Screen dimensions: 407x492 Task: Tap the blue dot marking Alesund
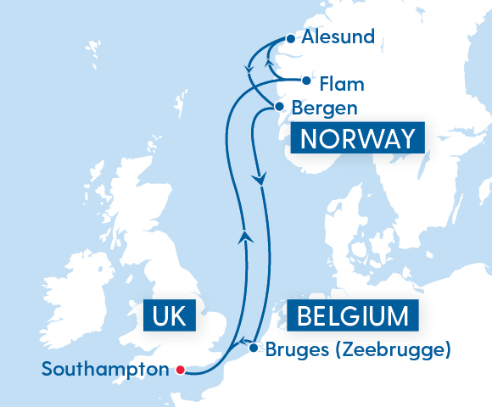291,38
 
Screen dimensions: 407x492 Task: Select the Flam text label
342,84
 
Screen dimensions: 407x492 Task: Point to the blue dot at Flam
306,81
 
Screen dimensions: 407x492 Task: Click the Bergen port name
323,109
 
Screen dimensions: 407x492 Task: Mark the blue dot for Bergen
277,107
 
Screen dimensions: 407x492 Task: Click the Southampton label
105,370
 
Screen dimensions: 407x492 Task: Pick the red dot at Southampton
180,369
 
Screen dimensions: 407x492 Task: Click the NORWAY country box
355,138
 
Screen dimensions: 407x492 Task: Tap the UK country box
170,317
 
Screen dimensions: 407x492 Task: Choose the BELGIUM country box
352,317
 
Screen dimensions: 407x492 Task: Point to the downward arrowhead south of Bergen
260,179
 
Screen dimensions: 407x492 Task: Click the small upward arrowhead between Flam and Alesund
269,61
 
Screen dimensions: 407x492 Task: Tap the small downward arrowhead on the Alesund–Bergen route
249,69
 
